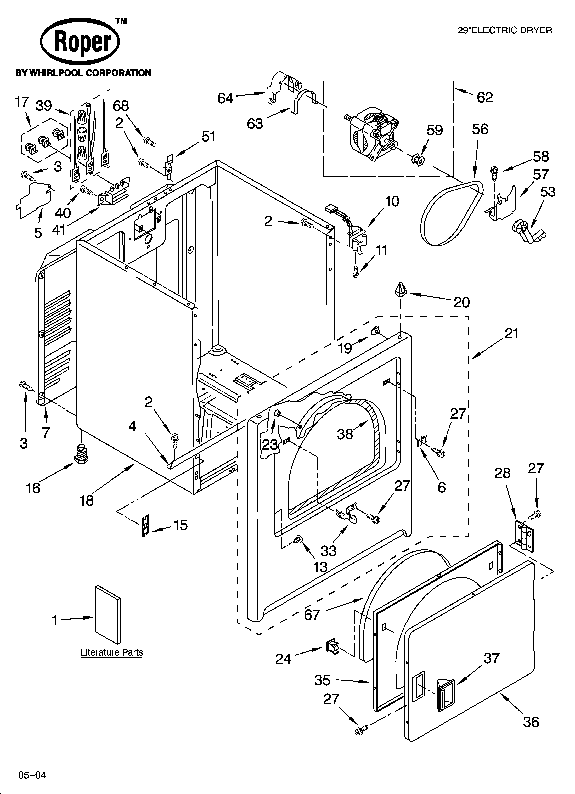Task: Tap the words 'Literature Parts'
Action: [112, 653]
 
